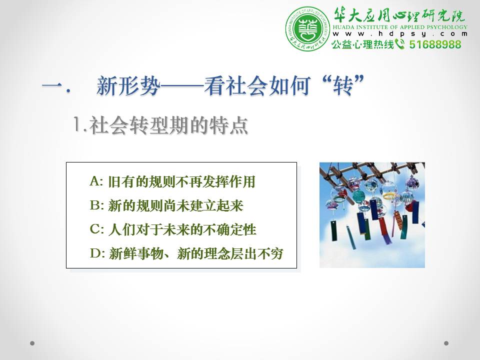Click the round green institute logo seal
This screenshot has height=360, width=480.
coord(307,29)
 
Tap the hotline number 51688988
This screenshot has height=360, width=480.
coord(435,44)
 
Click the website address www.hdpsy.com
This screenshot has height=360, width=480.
coord(400,34)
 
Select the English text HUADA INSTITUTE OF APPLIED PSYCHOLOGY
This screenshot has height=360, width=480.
coord(400,27)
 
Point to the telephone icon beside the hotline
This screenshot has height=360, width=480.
coord(400,44)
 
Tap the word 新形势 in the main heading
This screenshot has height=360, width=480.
coord(128,85)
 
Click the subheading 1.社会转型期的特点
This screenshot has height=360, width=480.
coord(160,125)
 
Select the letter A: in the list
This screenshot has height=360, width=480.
coord(96,181)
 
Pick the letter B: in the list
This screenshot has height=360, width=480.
coord(96,205)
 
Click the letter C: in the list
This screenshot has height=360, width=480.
coord(96,229)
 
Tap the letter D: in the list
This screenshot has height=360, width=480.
coord(97,253)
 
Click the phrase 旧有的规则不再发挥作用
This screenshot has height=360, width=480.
coord(181,181)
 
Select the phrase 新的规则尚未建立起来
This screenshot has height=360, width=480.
coord(175,205)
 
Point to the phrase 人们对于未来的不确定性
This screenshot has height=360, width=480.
coord(182,229)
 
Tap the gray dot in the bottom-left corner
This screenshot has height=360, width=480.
coord(32,343)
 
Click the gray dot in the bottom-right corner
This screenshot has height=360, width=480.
coord(446,343)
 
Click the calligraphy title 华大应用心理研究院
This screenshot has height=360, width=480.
coord(399,15)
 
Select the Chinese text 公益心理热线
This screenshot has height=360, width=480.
coord(363,44)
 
